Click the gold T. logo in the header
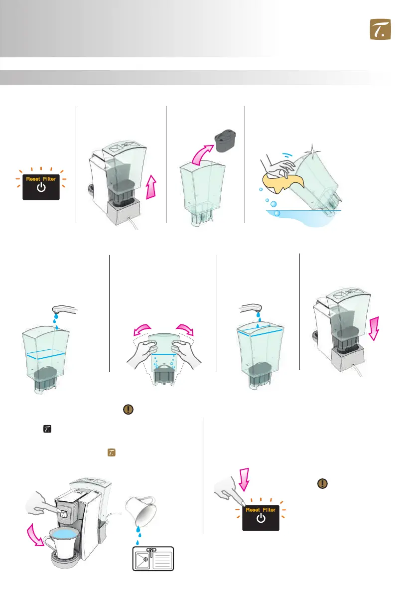(x=380, y=29)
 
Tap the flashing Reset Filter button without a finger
(x=41, y=187)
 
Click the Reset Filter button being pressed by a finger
(x=261, y=518)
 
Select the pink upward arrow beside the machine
(x=151, y=186)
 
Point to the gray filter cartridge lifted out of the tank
(x=225, y=141)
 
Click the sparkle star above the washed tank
(x=312, y=151)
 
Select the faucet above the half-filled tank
(x=65, y=310)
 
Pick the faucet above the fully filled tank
(x=251, y=308)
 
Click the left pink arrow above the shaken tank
(x=142, y=330)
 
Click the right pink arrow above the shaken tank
(x=185, y=329)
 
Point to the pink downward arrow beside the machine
(x=374, y=328)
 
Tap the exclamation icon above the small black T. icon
(x=128, y=409)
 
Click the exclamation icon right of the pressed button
(x=322, y=483)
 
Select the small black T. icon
(x=47, y=429)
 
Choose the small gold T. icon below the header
(x=112, y=452)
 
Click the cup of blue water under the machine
(x=62, y=543)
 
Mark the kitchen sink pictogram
(x=153, y=559)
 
